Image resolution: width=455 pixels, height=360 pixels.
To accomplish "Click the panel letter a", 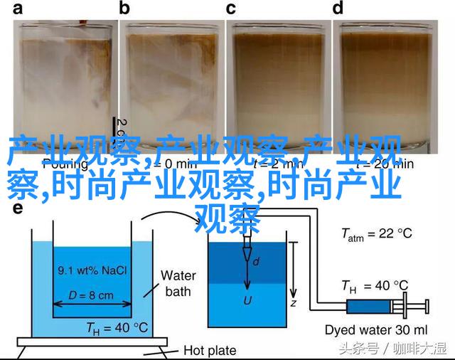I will point(17,9).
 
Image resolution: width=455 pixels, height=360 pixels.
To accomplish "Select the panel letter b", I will point(125,9).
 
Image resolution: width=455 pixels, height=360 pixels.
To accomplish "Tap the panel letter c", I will point(230,9).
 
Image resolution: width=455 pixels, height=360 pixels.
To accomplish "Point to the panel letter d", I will point(338,9).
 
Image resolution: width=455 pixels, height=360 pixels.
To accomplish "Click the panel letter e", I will point(17,208).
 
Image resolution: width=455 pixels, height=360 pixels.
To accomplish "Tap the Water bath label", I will point(178,283).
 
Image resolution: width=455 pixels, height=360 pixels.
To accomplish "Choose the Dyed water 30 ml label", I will point(375,329).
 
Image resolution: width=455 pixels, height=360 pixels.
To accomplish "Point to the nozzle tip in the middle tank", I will point(247,254).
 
